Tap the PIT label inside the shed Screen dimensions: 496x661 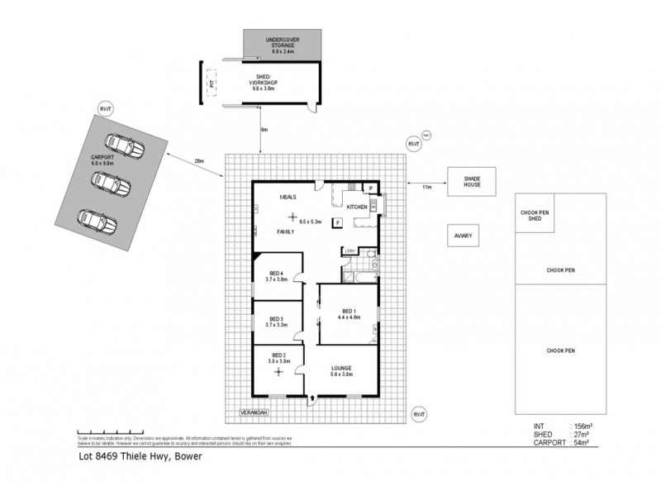tap(212, 83)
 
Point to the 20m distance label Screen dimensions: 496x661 tap(198, 162)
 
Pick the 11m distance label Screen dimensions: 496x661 tap(426, 188)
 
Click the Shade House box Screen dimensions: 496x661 tap(470, 182)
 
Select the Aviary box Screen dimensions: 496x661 tap(463, 236)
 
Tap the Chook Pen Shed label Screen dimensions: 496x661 tap(535, 215)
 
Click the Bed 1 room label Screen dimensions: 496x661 tap(348, 313)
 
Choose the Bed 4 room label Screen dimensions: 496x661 tap(276, 277)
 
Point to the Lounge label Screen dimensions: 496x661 tap(341, 370)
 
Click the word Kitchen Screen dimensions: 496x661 tap(357, 206)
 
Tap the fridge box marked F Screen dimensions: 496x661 tap(337, 222)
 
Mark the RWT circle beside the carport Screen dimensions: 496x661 tap(104, 108)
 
